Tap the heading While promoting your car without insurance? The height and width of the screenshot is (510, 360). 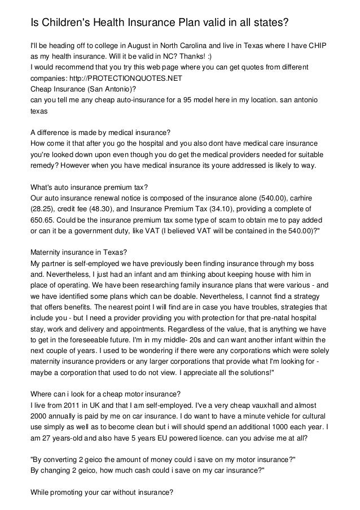pos(101,492)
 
